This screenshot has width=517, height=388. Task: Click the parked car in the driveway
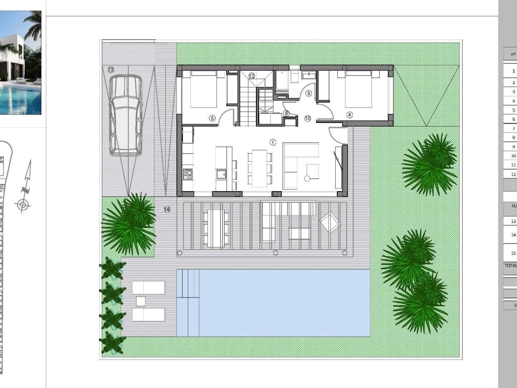[x=125, y=116]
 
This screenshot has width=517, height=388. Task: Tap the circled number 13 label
[x=111, y=70]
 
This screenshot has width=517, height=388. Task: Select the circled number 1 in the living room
[x=273, y=142]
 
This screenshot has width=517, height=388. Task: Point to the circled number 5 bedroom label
[x=212, y=118]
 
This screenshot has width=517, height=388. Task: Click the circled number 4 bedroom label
[x=349, y=115]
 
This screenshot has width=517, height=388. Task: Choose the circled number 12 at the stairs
[x=252, y=76]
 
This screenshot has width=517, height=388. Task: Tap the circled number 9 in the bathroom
[x=309, y=93]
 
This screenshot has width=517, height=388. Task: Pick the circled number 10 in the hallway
[x=308, y=118]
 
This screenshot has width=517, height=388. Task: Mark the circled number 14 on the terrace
[x=167, y=209]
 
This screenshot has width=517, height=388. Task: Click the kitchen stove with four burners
[x=188, y=174]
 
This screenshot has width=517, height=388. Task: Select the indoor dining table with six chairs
[x=260, y=168]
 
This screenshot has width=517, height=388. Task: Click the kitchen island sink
[x=221, y=175]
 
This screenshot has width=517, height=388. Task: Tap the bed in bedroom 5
[x=204, y=89]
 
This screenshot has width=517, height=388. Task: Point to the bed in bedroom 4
[x=359, y=89]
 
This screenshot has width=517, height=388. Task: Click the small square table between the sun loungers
[x=141, y=301]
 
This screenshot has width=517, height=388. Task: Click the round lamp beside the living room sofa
[x=307, y=178]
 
